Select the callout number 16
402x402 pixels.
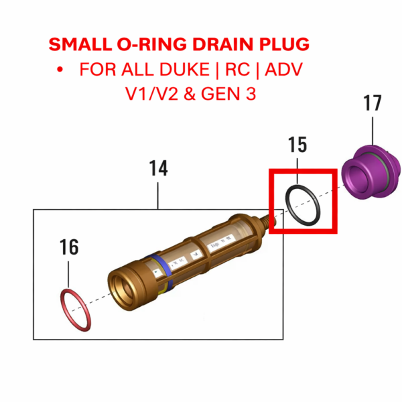coord(69,247)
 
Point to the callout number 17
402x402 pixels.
coord(373,104)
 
